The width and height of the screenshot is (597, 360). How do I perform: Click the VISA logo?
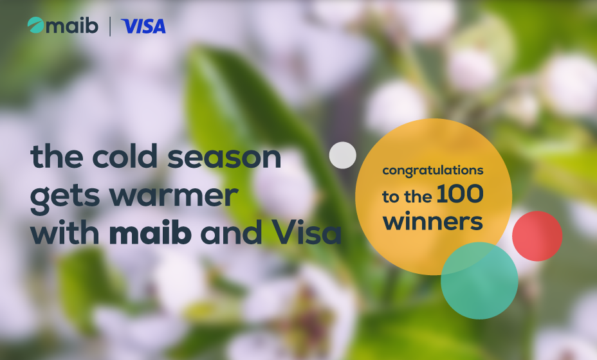[x=143, y=26]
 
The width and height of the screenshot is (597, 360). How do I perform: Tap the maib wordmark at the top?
[x=72, y=26]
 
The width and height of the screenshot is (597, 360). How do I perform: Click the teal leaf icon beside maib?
[x=35, y=25]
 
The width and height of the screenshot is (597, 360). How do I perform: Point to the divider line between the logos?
[x=110, y=26]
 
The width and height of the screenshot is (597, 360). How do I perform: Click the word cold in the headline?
[x=125, y=156]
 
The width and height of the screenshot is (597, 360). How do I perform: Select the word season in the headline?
[x=225, y=157]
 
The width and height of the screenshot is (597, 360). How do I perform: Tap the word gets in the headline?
[x=64, y=197]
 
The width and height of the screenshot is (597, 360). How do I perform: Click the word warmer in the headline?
[x=174, y=196]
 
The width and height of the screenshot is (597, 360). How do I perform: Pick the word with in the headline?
[x=65, y=231]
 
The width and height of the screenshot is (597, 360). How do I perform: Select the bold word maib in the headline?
[x=151, y=231]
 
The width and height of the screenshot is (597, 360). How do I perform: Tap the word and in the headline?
[x=231, y=231]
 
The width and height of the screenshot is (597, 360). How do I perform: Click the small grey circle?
[x=343, y=156]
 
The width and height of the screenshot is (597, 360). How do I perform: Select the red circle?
[x=537, y=236]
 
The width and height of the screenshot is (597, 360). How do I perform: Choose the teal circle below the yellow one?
[x=479, y=280]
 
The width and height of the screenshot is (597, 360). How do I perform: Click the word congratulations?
[x=433, y=170]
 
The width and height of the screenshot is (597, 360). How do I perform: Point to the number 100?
[x=460, y=194]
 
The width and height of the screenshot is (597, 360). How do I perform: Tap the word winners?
[x=433, y=222]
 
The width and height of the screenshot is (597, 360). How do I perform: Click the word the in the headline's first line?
[x=57, y=156]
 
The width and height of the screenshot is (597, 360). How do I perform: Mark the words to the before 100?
[x=407, y=196]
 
